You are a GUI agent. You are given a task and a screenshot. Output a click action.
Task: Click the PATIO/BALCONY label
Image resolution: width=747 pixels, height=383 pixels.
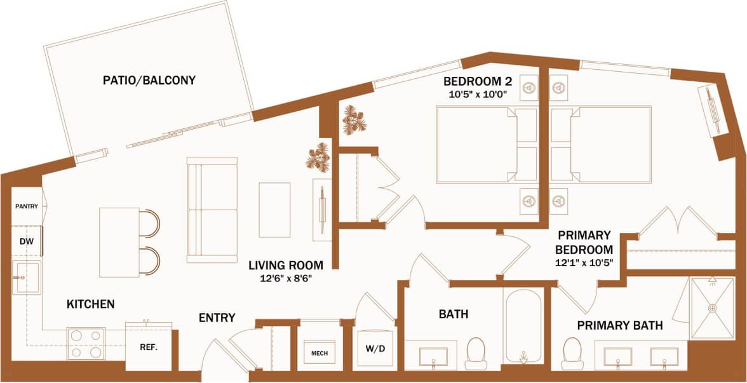(149, 81)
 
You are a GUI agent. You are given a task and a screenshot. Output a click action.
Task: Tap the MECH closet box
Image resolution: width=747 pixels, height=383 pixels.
(319, 353)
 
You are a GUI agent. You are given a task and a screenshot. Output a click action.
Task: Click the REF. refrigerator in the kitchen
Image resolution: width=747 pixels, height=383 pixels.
(148, 347)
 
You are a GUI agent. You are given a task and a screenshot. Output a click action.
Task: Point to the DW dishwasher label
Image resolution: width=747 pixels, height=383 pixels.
(25, 241)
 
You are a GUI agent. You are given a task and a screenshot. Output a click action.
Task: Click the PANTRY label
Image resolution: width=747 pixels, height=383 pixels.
(27, 206)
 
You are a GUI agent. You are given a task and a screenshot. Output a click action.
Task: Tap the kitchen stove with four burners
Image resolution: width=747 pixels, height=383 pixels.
(86, 343)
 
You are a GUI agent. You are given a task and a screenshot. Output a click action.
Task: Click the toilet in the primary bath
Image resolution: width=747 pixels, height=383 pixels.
(573, 354)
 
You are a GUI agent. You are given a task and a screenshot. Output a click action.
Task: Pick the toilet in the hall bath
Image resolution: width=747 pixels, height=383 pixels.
(476, 353)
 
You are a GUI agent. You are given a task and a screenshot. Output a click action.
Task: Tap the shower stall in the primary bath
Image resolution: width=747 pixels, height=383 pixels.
(711, 308)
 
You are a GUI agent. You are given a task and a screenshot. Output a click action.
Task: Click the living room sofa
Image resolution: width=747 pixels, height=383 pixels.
(212, 210)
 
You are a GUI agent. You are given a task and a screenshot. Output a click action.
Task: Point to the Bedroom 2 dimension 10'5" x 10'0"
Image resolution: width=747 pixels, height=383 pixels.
(477, 94)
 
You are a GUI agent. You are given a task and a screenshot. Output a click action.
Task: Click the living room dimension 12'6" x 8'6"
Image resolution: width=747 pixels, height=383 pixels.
(285, 278)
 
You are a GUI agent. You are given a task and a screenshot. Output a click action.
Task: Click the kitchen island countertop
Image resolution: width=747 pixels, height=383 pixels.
(119, 242)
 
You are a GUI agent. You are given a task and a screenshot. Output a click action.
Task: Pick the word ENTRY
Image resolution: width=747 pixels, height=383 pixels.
(217, 318)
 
